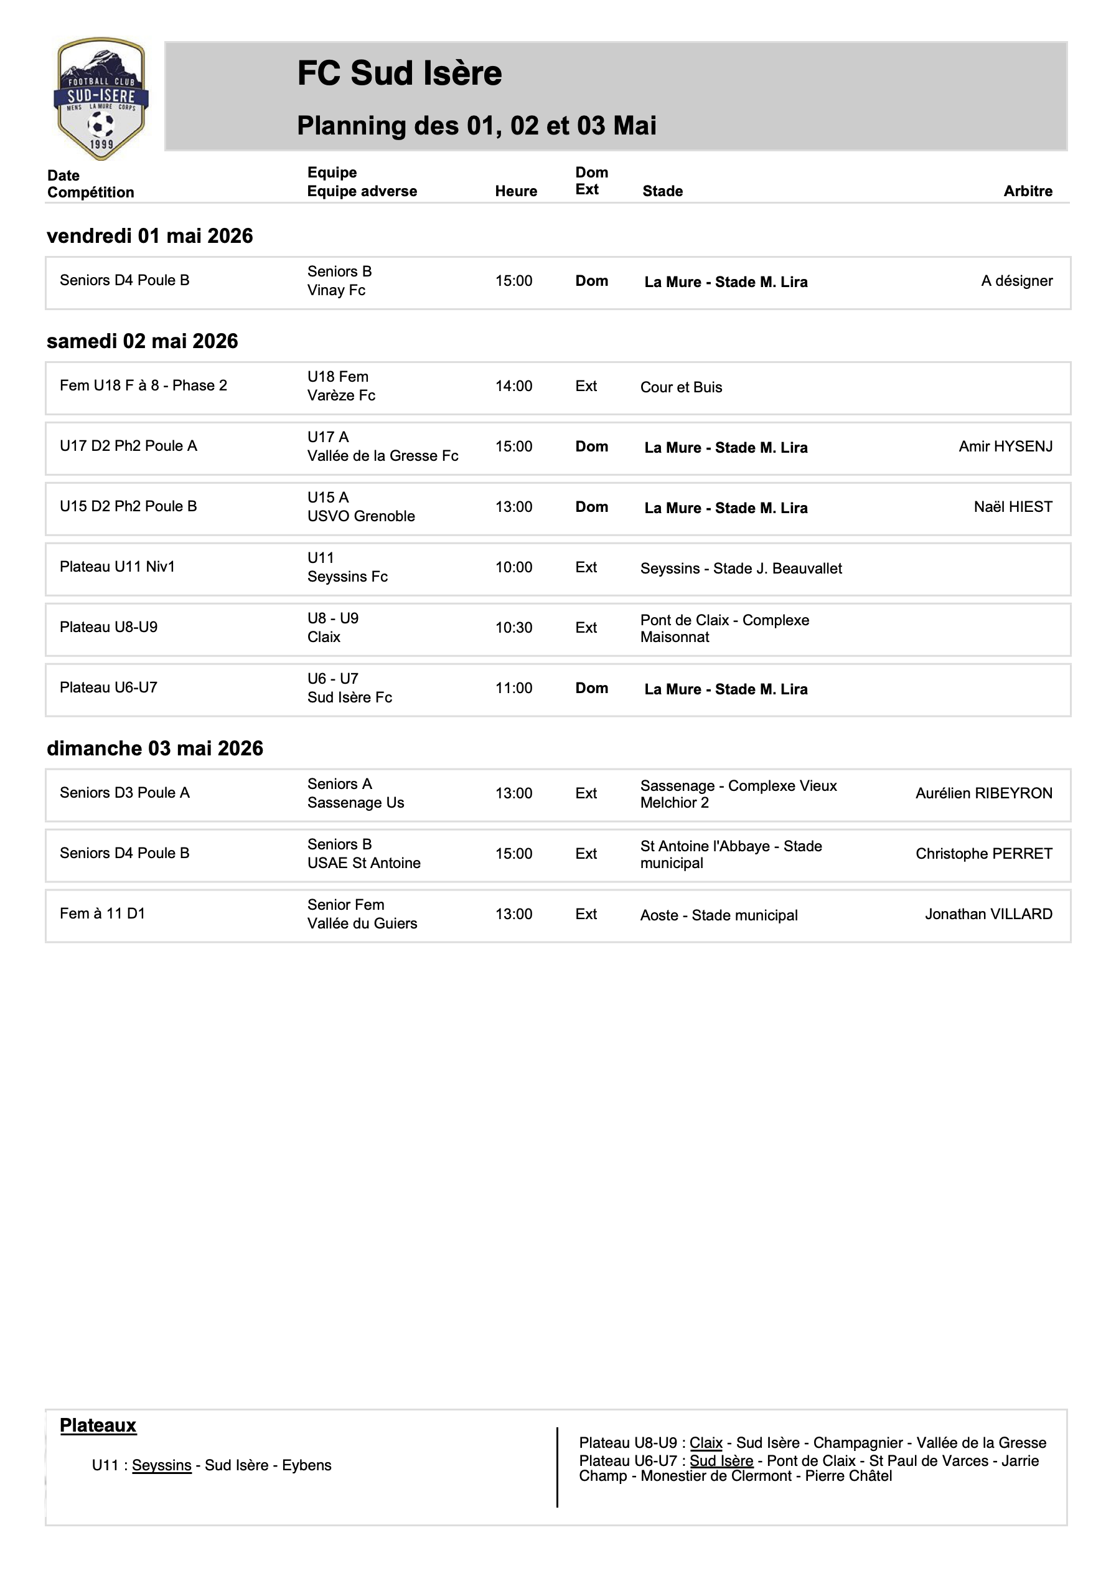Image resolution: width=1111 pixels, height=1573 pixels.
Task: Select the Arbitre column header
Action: (x=1028, y=191)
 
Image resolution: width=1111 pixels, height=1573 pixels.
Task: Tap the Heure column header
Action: (x=516, y=191)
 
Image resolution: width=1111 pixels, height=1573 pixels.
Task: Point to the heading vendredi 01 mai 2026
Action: (x=149, y=235)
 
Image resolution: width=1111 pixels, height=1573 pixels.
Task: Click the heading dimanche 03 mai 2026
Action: (x=155, y=748)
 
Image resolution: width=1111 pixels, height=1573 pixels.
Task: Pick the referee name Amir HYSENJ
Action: (x=1005, y=446)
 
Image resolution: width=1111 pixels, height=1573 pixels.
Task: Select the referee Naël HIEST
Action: (x=1013, y=507)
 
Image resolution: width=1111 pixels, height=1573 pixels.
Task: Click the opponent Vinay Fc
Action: (x=336, y=290)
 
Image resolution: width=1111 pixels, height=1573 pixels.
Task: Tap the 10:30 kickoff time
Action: (x=513, y=628)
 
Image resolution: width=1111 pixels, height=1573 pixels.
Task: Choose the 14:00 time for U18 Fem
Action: (x=513, y=386)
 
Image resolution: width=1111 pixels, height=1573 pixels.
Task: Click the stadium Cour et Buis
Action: (x=681, y=387)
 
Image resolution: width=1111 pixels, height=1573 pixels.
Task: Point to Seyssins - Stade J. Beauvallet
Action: (x=741, y=569)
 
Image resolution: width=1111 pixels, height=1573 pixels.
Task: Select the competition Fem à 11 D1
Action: (x=102, y=914)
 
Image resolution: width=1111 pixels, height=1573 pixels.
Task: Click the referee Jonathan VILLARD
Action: (x=988, y=914)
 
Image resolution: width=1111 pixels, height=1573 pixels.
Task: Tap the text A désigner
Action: (x=1016, y=281)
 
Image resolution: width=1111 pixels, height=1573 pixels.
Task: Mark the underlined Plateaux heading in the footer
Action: (x=98, y=1425)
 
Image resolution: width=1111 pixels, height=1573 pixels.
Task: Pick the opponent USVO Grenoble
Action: (x=361, y=517)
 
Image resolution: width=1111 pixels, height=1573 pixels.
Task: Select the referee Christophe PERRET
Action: (x=983, y=854)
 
